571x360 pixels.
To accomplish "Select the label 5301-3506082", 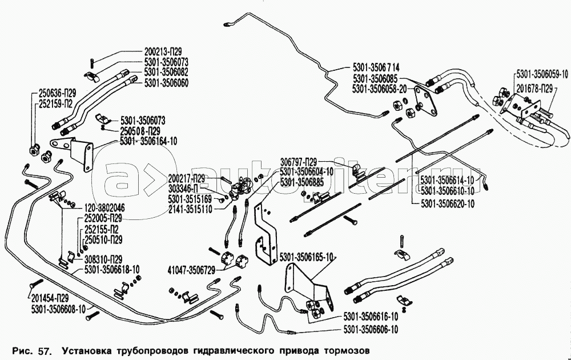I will click(167, 73).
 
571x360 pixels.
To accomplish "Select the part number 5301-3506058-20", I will click(379, 89).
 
